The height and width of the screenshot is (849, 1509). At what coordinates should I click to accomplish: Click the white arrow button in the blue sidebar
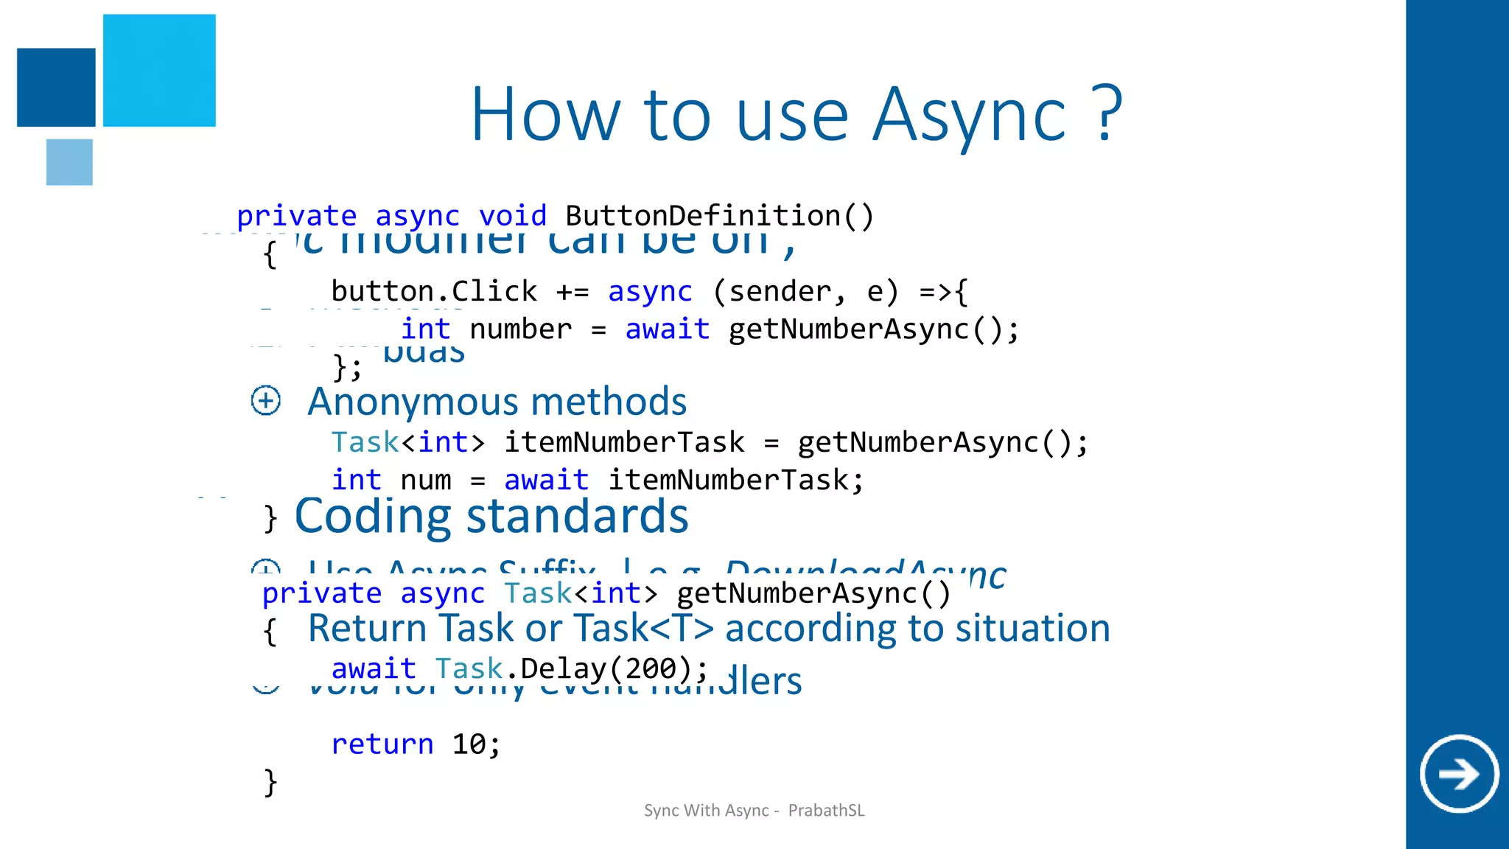click(x=1459, y=774)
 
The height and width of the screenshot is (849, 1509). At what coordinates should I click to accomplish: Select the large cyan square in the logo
click(x=159, y=70)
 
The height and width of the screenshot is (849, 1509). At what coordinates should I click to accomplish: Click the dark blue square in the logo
click(x=56, y=87)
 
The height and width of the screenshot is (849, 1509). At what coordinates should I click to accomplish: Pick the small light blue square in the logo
click(x=69, y=162)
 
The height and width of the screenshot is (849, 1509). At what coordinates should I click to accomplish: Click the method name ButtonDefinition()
click(x=719, y=216)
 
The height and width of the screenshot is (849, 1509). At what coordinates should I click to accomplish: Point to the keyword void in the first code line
click(x=513, y=216)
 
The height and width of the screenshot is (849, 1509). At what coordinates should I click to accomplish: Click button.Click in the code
click(x=434, y=291)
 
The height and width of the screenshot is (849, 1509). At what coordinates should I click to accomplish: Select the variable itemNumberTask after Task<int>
click(x=624, y=442)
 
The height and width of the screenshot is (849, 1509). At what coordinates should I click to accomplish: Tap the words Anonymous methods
click(x=497, y=402)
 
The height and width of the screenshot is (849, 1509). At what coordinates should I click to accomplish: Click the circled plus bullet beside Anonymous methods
click(x=266, y=401)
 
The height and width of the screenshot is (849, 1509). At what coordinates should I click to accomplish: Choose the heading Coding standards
click(x=491, y=516)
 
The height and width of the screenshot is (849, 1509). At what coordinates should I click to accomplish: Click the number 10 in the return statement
click(x=469, y=744)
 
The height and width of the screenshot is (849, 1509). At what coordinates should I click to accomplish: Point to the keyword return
click(x=382, y=744)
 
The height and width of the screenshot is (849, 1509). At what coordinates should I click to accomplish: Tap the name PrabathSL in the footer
click(x=826, y=811)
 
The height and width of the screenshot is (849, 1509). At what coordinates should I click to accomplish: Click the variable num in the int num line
click(x=426, y=481)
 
